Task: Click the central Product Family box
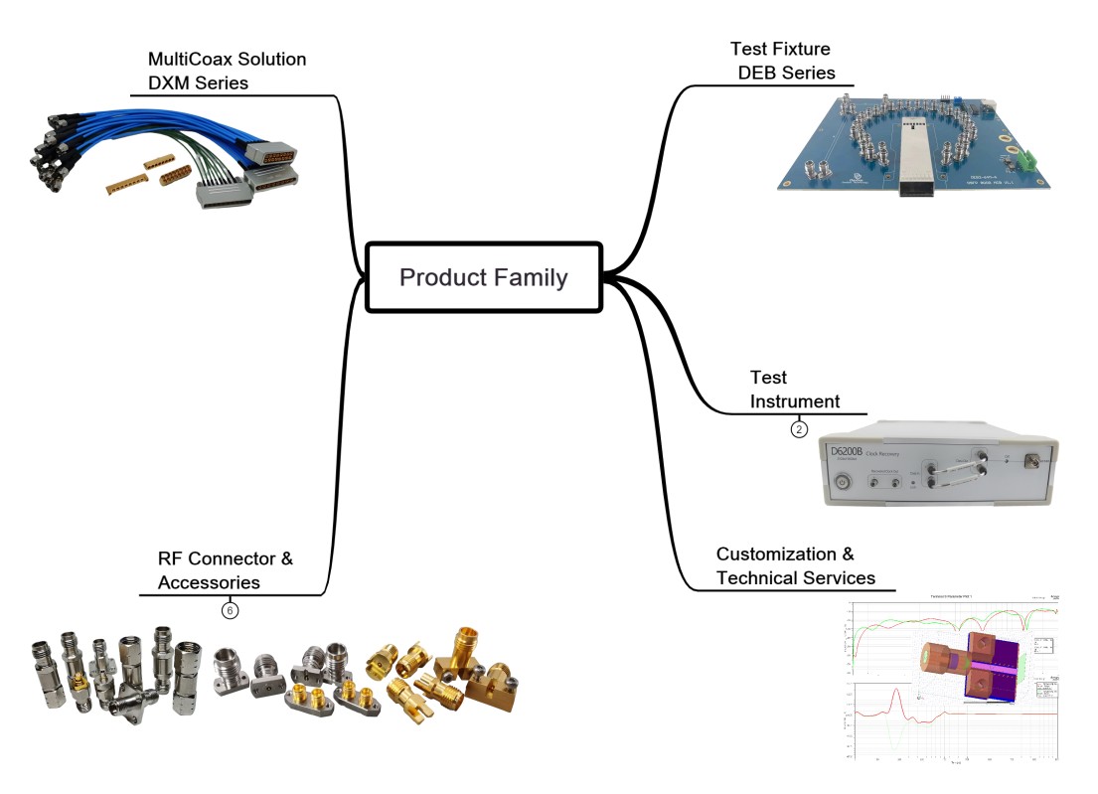click(484, 277)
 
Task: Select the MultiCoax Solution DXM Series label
click(227, 72)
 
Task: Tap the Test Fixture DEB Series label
click(782, 61)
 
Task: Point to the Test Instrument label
click(794, 390)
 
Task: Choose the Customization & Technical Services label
click(795, 566)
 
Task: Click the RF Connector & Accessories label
click(225, 570)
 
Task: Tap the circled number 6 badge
click(230, 610)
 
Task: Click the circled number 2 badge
click(798, 429)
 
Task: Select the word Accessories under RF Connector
click(209, 582)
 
